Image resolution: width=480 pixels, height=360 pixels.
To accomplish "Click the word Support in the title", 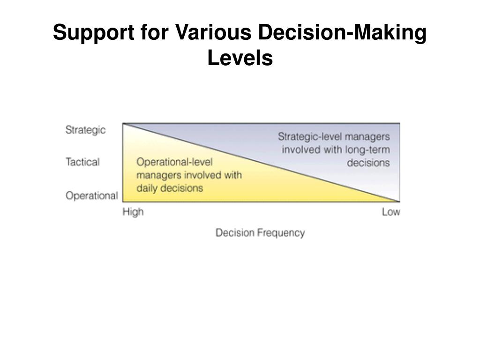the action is (x=94, y=33).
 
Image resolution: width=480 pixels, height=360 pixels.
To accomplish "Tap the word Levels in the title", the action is (x=240, y=58).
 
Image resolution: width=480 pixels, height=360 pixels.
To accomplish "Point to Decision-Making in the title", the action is (x=342, y=33).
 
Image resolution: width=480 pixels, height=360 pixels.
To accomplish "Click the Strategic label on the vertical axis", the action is (x=85, y=130).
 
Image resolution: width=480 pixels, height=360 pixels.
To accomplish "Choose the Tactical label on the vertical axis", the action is (x=82, y=162).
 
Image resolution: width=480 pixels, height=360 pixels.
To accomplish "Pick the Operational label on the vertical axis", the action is (x=92, y=195).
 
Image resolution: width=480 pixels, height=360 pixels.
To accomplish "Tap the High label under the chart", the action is (x=133, y=211).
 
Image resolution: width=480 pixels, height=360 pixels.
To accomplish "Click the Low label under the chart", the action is (x=391, y=211).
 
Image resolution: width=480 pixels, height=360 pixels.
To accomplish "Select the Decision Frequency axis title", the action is (x=260, y=233).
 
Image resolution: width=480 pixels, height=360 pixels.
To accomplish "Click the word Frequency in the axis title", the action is (x=281, y=233).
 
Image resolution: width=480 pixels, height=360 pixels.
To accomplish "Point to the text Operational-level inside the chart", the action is (x=174, y=162).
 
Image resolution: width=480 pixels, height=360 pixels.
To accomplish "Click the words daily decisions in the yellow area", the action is (x=170, y=187).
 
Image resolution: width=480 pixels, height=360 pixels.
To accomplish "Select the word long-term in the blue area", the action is (x=367, y=150).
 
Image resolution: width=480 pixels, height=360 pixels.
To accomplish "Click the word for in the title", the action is (x=155, y=32).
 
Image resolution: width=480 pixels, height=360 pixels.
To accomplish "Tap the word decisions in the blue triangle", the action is (x=368, y=163).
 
